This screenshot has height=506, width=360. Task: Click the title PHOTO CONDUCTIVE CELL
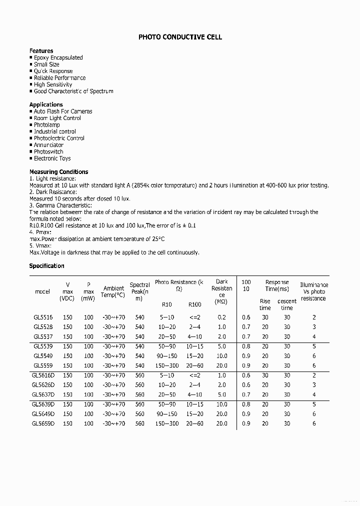180,37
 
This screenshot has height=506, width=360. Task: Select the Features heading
41,51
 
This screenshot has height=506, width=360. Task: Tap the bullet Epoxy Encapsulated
58,58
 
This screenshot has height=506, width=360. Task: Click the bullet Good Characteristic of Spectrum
73,91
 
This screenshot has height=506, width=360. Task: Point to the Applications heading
46,104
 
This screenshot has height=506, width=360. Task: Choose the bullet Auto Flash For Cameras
63,111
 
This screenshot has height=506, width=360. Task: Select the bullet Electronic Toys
52,158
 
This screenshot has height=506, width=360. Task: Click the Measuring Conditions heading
58,172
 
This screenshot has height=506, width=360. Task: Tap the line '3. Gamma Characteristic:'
60,205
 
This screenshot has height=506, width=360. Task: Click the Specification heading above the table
46,266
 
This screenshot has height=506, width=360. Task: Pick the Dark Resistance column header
221,291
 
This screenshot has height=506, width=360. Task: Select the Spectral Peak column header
139,291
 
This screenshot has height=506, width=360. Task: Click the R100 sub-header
194,304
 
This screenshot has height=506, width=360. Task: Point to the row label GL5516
42,317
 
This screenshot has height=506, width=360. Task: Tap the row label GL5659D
43,423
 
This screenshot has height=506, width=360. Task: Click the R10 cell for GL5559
166,365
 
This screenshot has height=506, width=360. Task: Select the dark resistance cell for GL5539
221,346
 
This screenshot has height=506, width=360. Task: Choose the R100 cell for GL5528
194,327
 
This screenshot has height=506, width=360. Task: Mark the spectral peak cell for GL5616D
139,375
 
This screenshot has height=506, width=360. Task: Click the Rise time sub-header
265,304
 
